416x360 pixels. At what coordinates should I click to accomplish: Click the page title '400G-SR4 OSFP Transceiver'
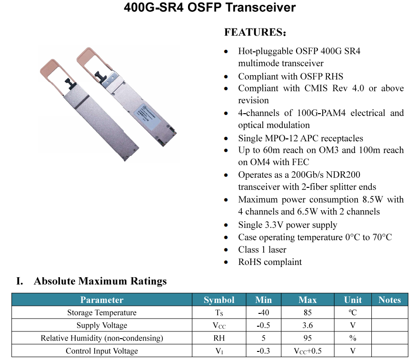209,7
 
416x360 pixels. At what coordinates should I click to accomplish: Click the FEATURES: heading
255,32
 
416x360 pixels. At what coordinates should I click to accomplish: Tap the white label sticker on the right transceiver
149,114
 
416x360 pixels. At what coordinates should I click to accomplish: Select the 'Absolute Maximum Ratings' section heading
100,281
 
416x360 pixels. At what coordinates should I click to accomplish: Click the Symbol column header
219,300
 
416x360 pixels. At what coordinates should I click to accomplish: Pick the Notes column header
389,300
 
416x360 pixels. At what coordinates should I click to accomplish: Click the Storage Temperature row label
101,312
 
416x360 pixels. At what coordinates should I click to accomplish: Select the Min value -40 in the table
263,312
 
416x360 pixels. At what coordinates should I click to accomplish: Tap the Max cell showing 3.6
307,325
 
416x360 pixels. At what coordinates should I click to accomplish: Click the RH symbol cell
219,338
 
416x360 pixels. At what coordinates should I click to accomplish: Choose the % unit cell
353,338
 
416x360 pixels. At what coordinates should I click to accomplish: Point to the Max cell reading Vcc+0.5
307,351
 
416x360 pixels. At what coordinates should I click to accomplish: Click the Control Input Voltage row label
101,351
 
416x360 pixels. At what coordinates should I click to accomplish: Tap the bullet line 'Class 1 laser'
262,250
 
